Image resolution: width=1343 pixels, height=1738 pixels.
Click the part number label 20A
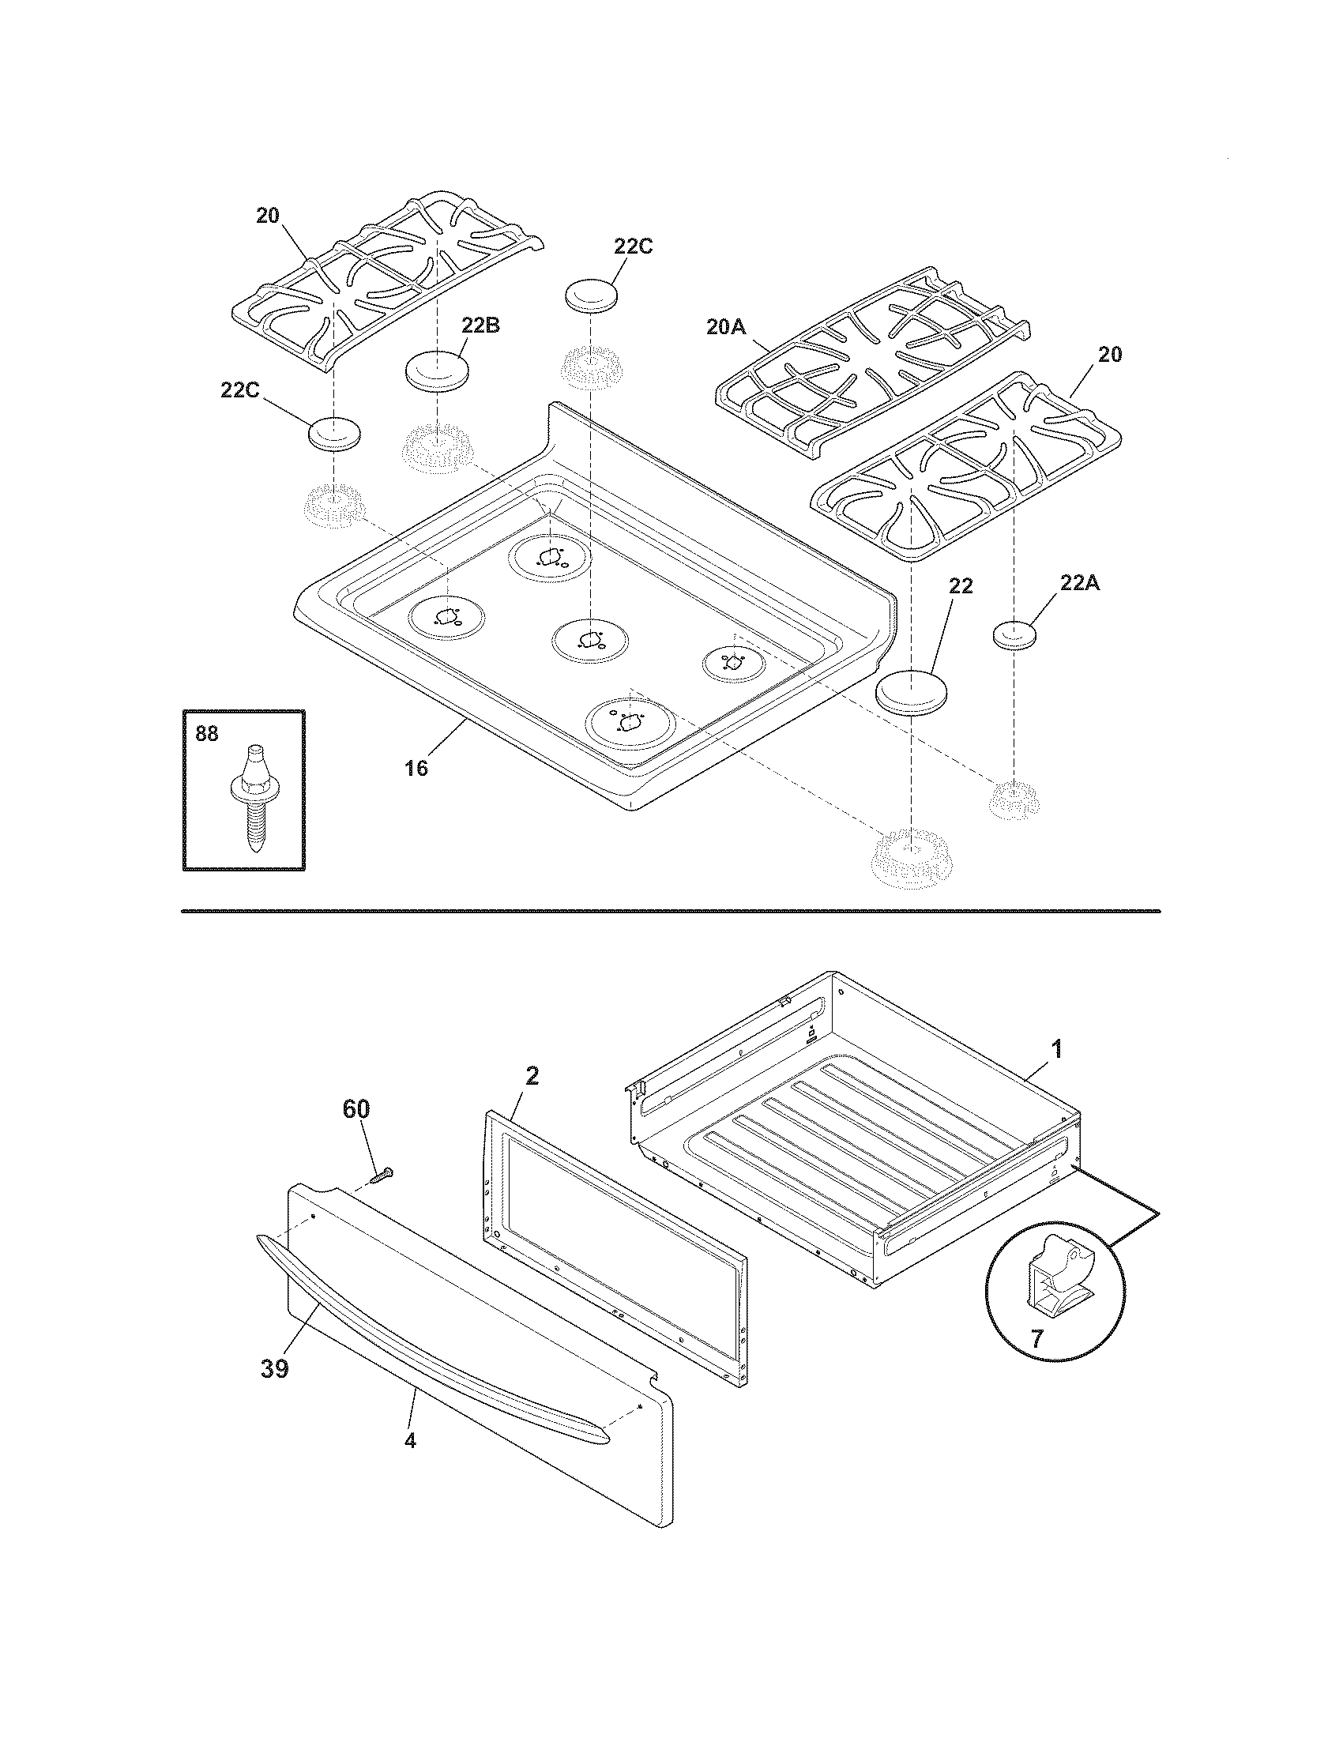pos(724,326)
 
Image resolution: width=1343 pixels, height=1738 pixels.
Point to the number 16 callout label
pos(416,768)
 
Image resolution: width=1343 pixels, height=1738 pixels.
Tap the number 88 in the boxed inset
pos(206,733)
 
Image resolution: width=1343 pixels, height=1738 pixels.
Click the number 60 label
pos(355,1108)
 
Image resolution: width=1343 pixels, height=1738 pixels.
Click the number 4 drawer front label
pos(410,1441)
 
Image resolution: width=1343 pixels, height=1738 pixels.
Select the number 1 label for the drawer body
pos(1056,1049)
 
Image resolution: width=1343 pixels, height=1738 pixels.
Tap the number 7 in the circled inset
pos(1035,1338)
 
